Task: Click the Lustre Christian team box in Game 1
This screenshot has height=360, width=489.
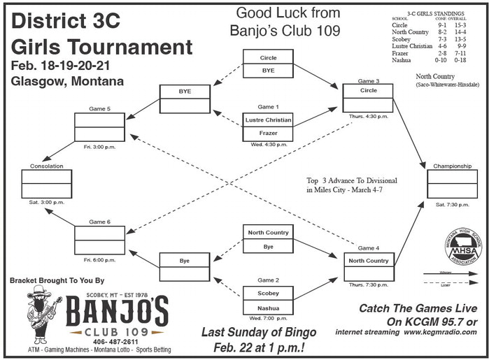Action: coord(268,120)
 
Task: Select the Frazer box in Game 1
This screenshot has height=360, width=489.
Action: coord(268,132)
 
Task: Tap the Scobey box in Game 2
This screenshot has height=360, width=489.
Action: coord(268,294)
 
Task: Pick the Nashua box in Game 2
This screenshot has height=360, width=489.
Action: coord(268,308)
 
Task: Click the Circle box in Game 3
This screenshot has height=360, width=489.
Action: coord(368,91)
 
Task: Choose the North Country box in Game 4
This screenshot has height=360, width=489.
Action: coord(368,261)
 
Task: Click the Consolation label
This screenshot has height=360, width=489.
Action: coord(47,166)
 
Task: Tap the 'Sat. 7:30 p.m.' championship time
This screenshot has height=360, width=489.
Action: coord(453,204)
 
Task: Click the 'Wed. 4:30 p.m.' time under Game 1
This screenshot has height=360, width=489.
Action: coord(268,144)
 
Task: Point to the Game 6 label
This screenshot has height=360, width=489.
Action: coord(99,222)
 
